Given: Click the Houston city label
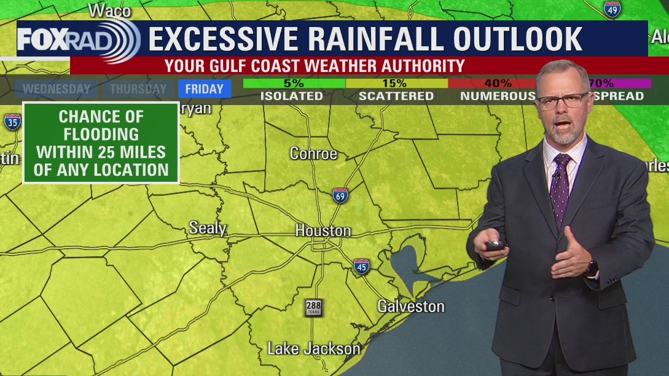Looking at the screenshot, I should (x=323, y=231).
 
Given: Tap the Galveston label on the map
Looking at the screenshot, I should (x=410, y=306).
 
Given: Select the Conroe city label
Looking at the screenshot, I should (x=313, y=154).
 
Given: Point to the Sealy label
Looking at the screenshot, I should (x=208, y=228).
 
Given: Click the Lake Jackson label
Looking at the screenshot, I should (x=314, y=349).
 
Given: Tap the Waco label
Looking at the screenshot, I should (x=110, y=10).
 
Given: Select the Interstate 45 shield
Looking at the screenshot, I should (x=362, y=266).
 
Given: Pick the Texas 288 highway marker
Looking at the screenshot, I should (x=313, y=307).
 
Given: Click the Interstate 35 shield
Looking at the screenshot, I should (x=12, y=122).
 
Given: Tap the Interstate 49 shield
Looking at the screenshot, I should (x=612, y=9).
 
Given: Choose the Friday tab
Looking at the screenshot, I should (x=204, y=89).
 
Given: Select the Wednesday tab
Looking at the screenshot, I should (x=57, y=89).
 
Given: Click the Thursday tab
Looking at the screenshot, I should (x=138, y=89).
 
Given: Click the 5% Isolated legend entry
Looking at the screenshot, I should (x=291, y=90).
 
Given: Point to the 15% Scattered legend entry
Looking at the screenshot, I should (x=396, y=90).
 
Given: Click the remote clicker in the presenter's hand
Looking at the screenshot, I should (x=496, y=245).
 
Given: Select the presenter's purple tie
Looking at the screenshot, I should (x=560, y=187).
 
